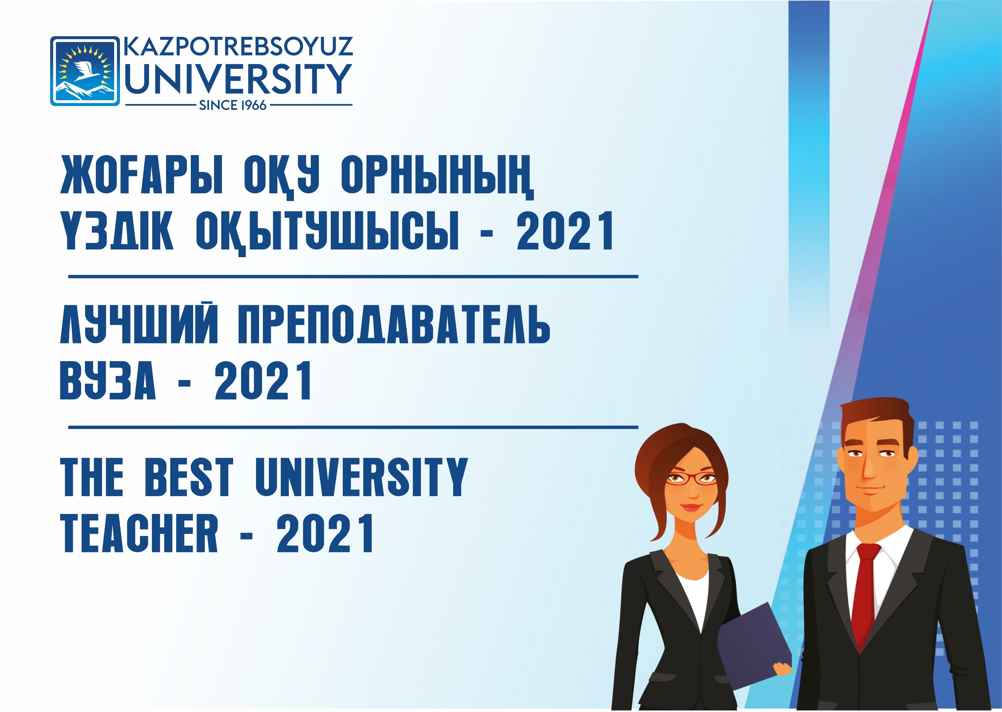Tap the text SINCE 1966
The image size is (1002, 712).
(x=233, y=105)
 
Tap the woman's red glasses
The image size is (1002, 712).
(x=692, y=480)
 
